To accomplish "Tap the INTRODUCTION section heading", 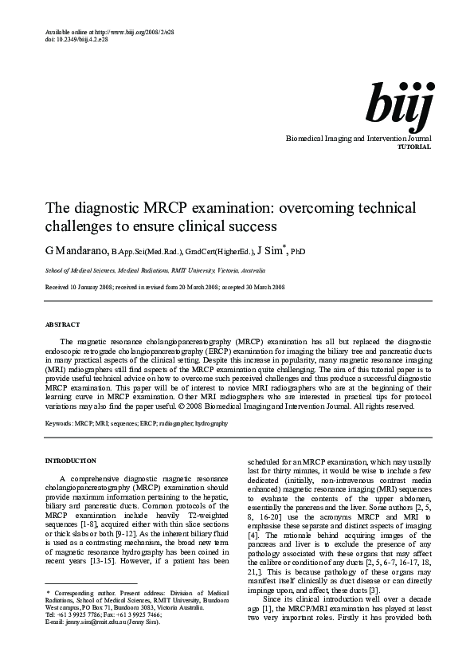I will pyautogui.click(x=70, y=461).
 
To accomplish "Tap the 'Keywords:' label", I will pyautogui.click(x=58, y=424).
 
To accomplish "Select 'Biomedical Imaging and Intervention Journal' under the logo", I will pyautogui.click(x=358, y=139).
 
